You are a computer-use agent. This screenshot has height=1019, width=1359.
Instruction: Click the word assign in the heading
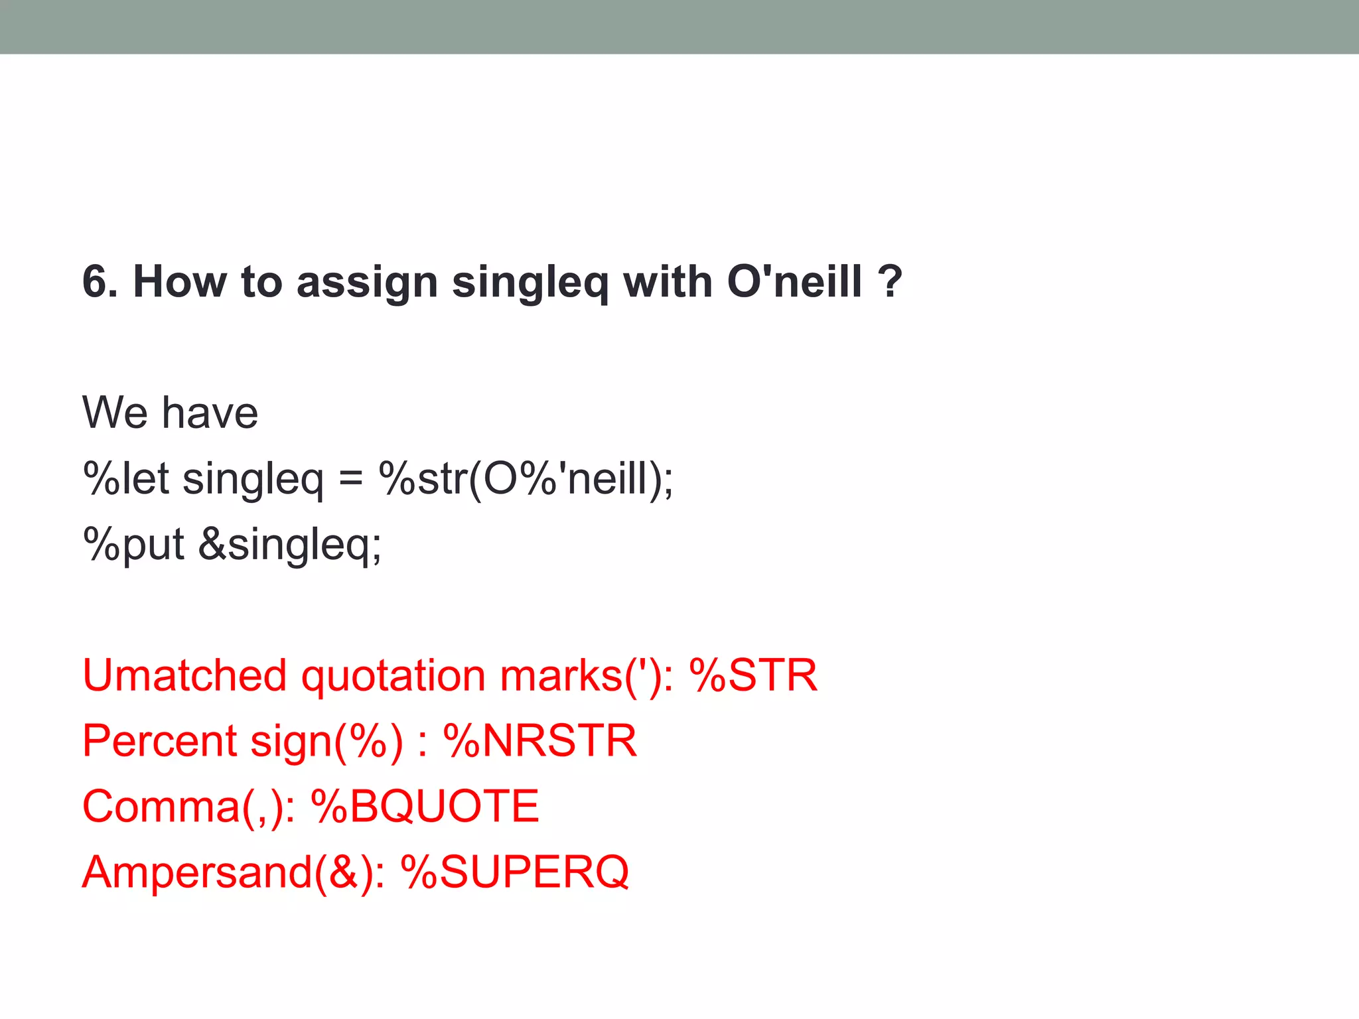(x=367, y=283)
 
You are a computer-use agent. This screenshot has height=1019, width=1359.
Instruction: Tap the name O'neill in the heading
(x=794, y=281)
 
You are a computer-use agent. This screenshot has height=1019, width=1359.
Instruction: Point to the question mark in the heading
(x=889, y=281)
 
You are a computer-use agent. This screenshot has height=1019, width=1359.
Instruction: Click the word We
(x=115, y=413)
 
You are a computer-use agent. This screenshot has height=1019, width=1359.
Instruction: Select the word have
(x=210, y=413)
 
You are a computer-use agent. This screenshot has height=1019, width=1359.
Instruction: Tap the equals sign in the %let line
(x=350, y=479)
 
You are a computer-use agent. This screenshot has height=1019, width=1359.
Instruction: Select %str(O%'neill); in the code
(x=526, y=479)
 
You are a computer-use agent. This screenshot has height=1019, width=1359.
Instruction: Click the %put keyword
(x=133, y=544)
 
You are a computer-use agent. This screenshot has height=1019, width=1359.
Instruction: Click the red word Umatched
(x=184, y=675)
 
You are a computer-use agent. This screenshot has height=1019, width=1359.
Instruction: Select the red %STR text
(x=753, y=675)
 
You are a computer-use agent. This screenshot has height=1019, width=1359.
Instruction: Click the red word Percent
(x=159, y=740)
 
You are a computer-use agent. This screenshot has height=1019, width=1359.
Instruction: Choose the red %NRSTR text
(x=539, y=740)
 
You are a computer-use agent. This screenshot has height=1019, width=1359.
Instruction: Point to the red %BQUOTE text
(x=425, y=807)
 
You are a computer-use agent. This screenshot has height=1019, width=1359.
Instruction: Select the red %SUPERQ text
(x=515, y=872)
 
